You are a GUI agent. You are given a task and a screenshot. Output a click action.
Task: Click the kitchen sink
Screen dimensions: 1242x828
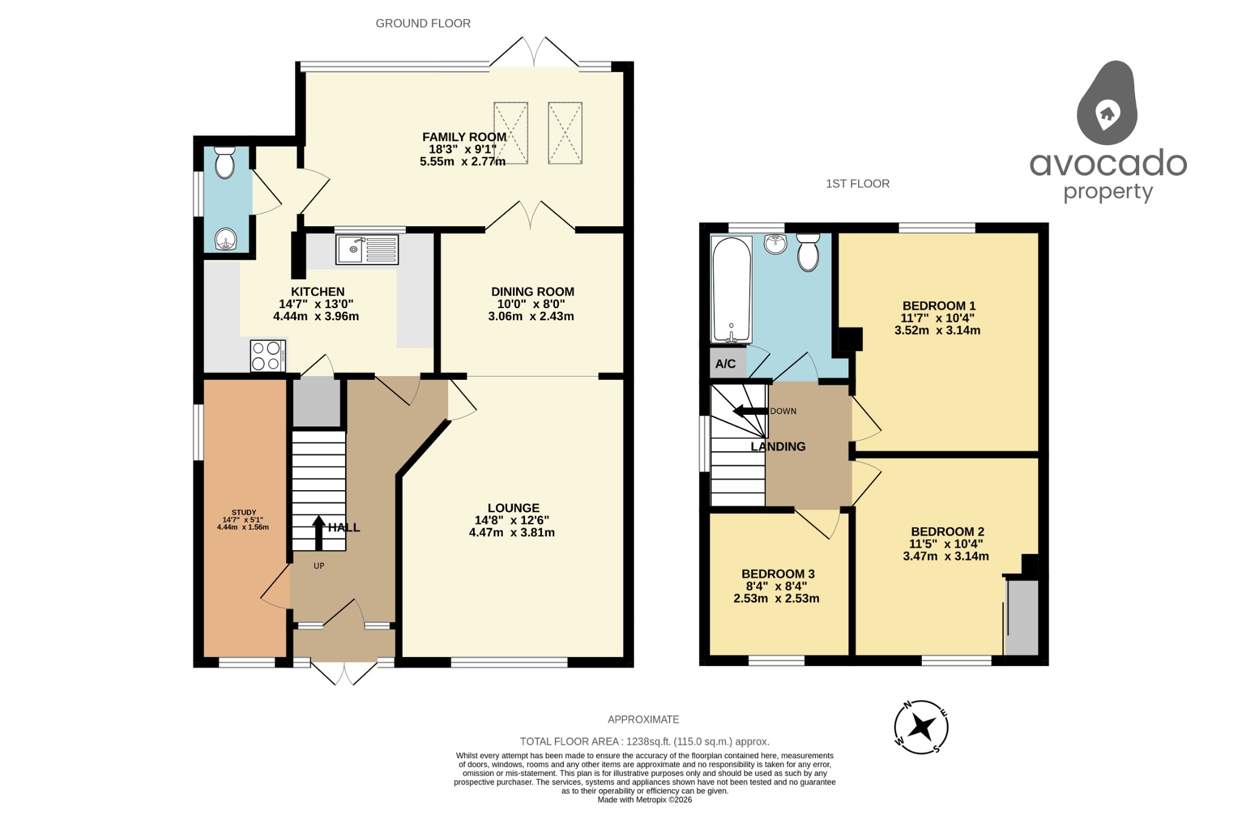(x=367, y=250)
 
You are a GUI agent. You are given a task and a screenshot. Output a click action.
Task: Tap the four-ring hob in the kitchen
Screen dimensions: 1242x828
(x=267, y=356)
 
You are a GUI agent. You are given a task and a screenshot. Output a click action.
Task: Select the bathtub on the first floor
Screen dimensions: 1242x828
(x=731, y=289)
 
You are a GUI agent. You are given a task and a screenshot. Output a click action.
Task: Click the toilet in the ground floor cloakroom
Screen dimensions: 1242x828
(x=225, y=163)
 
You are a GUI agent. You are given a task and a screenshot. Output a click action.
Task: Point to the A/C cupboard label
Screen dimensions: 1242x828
(x=725, y=364)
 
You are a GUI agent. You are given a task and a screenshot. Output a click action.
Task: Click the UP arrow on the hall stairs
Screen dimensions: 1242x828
(x=318, y=533)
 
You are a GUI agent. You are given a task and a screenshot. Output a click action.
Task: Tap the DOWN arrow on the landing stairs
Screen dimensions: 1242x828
(x=750, y=411)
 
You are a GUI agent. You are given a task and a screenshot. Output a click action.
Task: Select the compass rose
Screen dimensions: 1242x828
(x=921, y=727)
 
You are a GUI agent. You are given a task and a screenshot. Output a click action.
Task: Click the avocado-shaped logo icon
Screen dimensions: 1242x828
(x=1107, y=103)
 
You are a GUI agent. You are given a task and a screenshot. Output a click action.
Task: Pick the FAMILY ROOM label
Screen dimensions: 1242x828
(x=465, y=137)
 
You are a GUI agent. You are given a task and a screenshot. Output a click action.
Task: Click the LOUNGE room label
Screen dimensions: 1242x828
(x=514, y=508)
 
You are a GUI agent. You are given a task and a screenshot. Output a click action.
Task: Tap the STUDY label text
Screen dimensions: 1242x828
(x=244, y=513)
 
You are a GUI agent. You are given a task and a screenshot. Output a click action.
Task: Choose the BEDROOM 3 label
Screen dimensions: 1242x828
(x=778, y=574)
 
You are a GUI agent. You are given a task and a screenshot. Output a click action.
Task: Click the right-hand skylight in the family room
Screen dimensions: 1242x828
(x=565, y=133)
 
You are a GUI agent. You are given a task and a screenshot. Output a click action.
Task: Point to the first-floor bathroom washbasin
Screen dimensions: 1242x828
(x=775, y=244)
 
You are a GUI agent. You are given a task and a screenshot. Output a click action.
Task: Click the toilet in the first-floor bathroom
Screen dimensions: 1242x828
(x=808, y=252)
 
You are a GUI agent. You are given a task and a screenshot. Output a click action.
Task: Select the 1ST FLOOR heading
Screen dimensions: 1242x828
(x=858, y=184)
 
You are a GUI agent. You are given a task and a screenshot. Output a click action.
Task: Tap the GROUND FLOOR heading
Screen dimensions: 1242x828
(x=423, y=24)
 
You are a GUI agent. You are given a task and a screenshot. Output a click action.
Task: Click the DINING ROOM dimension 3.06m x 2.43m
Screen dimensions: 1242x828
(x=531, y=316)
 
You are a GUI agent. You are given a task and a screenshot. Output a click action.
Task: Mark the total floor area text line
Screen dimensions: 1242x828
(x=645, y=741)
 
